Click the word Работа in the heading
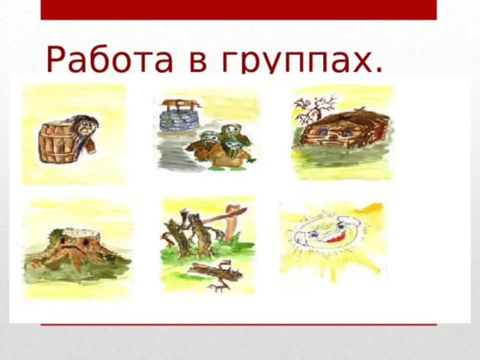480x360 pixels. [109, 59]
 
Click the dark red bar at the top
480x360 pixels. [238, 10]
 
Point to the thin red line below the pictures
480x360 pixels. [238, 324]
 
